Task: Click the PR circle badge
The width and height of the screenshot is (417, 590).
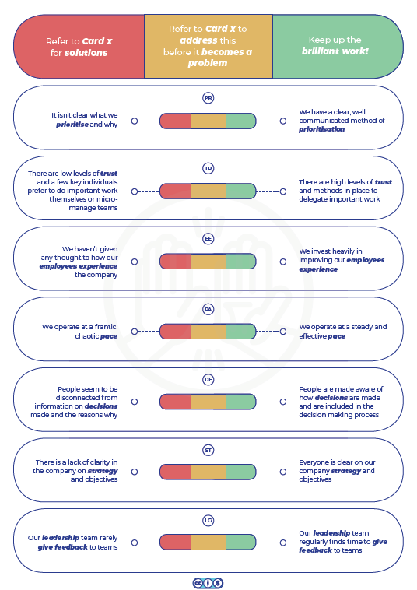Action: pos(208,98)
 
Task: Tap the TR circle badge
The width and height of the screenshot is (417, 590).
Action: pos(208,168)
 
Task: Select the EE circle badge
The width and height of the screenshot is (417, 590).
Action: pos(208,238)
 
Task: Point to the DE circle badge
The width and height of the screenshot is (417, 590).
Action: pos(208,379)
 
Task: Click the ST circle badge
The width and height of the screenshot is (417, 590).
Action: pos(208,450)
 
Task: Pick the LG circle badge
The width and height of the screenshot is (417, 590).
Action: pos(208,521)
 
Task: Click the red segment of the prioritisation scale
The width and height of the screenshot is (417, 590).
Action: pos(176,121)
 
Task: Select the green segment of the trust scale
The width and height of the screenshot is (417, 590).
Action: pos(241,191)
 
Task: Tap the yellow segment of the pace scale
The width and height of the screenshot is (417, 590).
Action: pos(208,332)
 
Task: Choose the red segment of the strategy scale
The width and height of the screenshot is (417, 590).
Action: pos(176,472)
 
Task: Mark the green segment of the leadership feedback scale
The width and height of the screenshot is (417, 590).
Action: pos(241,543)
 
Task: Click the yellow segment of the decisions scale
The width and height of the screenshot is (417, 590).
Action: pos(208,402)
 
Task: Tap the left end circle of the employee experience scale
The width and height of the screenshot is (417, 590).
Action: pos(135,262)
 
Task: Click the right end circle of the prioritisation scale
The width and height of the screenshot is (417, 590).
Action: pos(283,121)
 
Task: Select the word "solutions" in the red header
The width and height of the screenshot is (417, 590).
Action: pos(86,53)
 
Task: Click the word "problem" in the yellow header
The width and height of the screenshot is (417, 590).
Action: pos(208,63)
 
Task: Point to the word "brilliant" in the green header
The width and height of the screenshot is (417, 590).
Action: pos(319,51)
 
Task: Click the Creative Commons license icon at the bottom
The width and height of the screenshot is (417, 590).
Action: pos(208,583)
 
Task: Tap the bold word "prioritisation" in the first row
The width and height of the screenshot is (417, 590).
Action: pos(321,129)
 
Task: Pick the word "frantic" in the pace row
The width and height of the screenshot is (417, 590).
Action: pos(106,327)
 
